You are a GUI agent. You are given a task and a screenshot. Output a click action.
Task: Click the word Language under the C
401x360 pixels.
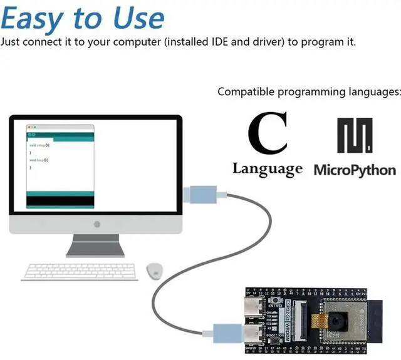(x=268, y=169)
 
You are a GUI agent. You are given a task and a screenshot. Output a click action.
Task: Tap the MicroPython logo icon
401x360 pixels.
(x=355, y=135)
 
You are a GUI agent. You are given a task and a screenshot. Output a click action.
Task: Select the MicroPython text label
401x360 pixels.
(x=355, y=170)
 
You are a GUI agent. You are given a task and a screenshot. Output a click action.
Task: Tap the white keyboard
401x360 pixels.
(x=81, y=272)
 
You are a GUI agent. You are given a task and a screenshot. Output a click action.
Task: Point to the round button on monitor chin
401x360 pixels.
(x=96, y=224)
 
